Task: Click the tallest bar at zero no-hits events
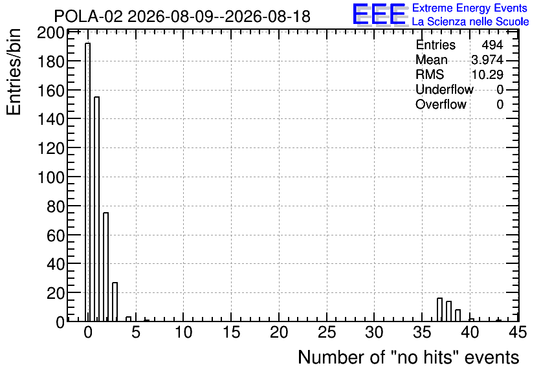88,182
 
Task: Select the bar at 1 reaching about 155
97,209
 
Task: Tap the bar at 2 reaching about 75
106,267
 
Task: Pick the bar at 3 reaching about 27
115,302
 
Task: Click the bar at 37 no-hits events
439,310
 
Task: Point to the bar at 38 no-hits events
449,311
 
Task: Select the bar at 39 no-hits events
458,316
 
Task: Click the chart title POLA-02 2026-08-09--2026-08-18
182,17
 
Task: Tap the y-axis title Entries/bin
14,72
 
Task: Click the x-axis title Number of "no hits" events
408,357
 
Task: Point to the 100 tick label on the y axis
50,178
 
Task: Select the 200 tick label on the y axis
50,34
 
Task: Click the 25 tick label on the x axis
327,332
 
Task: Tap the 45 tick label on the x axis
518,332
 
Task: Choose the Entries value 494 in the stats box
492,45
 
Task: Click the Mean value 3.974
487,60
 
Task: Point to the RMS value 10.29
487,74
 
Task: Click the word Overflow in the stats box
441,104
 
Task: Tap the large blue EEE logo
379,14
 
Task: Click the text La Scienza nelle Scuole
470,21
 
